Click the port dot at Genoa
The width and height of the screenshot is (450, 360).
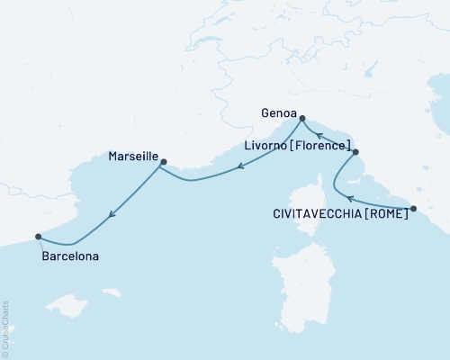coord(302,118)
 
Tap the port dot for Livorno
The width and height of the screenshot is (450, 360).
coord(355,152)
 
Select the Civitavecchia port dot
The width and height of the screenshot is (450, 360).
coord(413,209)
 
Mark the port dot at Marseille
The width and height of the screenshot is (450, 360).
coord(163,162)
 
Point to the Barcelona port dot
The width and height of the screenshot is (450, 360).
coord(38,237)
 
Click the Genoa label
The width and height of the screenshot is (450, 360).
coord(275,114)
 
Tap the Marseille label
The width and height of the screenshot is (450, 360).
coord(131,156)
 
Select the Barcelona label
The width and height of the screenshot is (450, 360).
coord(70,256)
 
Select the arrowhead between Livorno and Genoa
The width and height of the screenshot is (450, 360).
coord(319,136)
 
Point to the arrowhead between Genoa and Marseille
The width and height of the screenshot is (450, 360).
coord(240,166)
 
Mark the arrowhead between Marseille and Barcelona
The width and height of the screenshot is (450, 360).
coord(111,214)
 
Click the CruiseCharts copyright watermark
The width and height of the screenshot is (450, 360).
coord(5,328)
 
